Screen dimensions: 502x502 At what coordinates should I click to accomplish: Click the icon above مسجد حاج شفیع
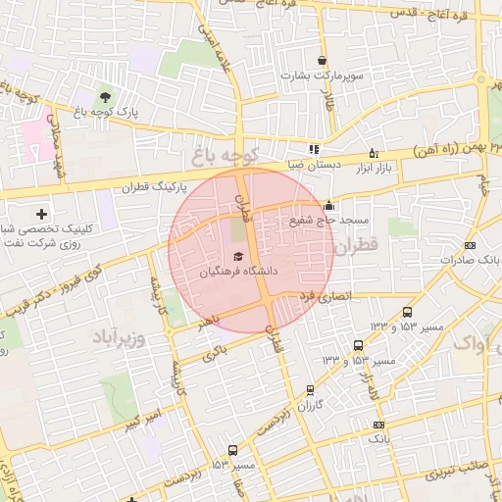tap(327, 206)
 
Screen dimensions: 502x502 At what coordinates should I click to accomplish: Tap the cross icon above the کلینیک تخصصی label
tap(41, 214)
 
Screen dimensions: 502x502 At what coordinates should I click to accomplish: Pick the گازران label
tap(310, 405)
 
